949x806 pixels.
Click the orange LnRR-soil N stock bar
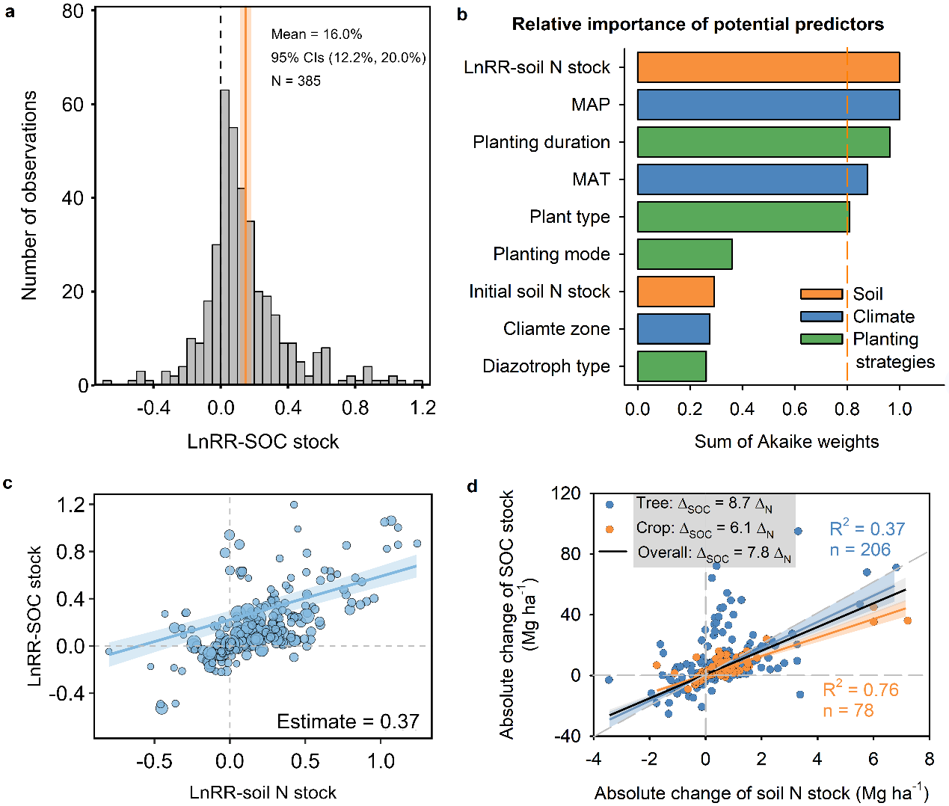[x=768, y=67]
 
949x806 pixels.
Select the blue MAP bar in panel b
[x=768, y=105]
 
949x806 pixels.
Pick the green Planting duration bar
[x=763, y=142]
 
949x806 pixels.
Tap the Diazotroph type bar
[x=672, y=366]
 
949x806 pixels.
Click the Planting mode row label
[x=551, y=254]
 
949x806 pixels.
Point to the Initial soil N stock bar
[x=675, y=292]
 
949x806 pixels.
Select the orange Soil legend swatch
[x=821, y=294]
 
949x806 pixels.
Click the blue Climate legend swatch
[x=821, y=316]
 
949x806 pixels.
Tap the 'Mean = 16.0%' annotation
[x=316, y=34]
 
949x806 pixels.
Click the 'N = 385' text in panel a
[x=295, y=81]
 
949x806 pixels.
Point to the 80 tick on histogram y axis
[x=73, y=11]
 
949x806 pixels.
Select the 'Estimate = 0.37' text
[x=348, y=722]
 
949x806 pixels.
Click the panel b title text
[x=697, y=25]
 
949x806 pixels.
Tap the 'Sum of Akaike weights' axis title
[x=786, y=442]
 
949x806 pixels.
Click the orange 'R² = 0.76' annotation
[x=861, y=689]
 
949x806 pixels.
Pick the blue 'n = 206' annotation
[x=860, y=550]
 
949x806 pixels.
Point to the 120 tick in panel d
[x=565, y=493]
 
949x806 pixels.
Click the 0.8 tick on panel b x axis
[x=847, y=409]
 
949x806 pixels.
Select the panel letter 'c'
[x=7, y=483]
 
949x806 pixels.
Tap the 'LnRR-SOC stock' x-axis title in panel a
[x=262, y=442]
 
